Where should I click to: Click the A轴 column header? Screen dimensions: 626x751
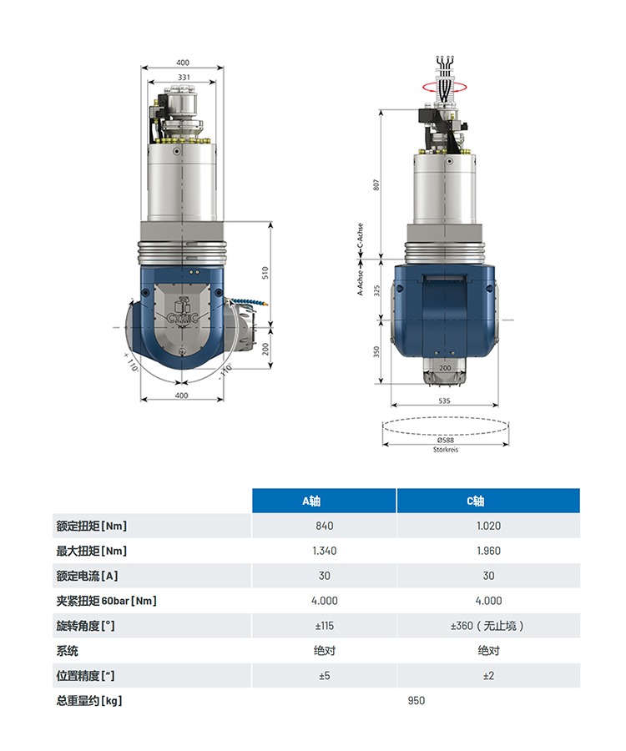(311, 501)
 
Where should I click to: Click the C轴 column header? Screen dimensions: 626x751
(475, 501)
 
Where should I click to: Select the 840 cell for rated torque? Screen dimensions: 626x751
(324, 526)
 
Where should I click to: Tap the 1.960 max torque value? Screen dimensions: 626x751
(488, 551)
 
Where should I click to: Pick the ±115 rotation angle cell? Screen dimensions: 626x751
(324, 626)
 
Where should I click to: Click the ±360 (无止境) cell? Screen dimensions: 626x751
(487, 626)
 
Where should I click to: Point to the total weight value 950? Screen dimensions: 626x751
(416, 701)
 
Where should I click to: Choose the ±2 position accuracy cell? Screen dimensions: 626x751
(488, 676)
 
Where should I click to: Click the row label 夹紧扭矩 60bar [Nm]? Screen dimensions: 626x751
(106, 601)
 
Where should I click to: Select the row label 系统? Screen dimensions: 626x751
(67, 651)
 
